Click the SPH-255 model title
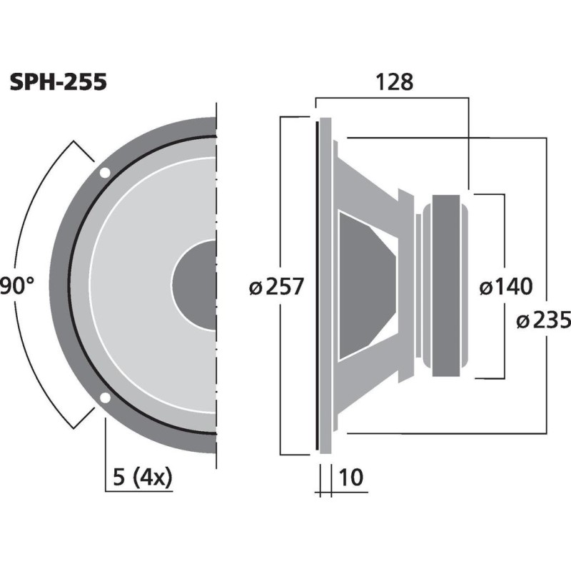pyautogui.click(x=59, y=83)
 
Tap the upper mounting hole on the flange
pyautogui.click(x=105, y=173)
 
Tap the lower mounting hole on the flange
pyautogui.click(x=105, y=398)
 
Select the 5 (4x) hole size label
pyautogui.click(x=143, y=477)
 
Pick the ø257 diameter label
pyautogui.click(x=277, y=287)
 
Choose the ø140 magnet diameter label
pyautogui.click(x=505, y=287)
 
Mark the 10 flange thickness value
pyautogui.click(x=352, y=477)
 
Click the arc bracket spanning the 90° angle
pyautogui.click(x=29, y=214)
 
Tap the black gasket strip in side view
pyautogui.click(x=315, y=285)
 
